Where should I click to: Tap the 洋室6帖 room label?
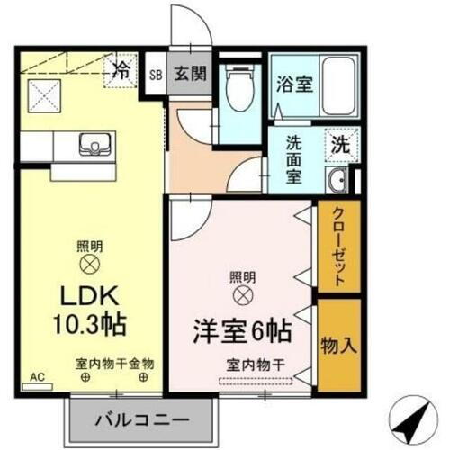tap(239, 330)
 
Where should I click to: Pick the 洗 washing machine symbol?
tap(340, 142)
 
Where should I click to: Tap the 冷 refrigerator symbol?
tap(120, 67)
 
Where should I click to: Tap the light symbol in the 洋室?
tap(241, 294)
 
